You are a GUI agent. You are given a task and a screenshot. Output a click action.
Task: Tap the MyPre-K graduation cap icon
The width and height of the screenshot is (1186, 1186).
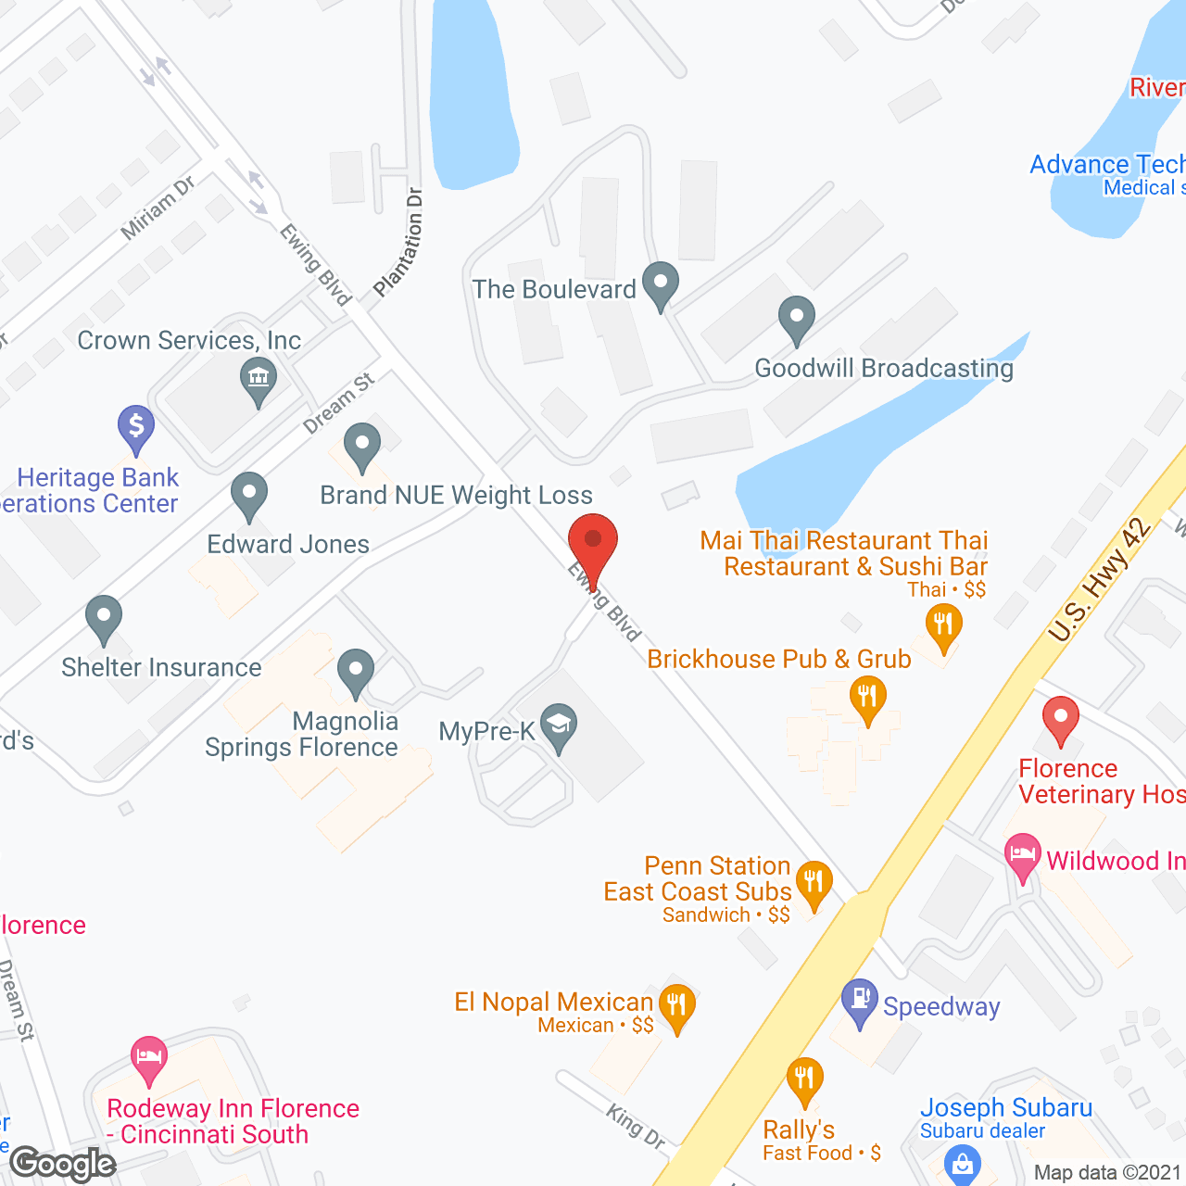pyautogui.click(x=559, y=725)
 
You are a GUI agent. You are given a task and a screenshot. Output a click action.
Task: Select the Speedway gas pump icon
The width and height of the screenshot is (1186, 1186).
pyautogui.click(x=860, y=999)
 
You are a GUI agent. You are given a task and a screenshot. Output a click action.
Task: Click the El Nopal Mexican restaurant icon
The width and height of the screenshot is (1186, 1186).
pyautogui.click(x=677, y=1004)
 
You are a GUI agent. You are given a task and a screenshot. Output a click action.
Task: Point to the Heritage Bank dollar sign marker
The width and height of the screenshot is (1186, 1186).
pyautogui.click(x=136, y=426)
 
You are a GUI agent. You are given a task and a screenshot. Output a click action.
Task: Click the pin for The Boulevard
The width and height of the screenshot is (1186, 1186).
pyautogui.click(x=661, y=282)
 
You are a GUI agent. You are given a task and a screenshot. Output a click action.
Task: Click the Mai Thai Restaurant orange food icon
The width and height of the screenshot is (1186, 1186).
pyautogui.click(x=943, y=625)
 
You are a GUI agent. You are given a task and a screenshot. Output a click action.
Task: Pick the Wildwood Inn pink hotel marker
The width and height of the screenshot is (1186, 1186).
pyautogui.click(x=1023, y=853)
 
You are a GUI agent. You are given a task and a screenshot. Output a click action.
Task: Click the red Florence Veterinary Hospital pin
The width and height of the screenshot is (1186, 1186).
pyautogui.click(x=1061, y=718)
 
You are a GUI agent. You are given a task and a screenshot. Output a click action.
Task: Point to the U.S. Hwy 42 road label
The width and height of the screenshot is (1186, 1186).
pyautogui.click(x=1100, y=580)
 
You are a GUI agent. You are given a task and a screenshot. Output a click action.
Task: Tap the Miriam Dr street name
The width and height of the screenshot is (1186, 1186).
pyautogui.click(x=158, y=208)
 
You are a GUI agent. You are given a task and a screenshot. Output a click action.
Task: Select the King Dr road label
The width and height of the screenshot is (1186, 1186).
pyautogui.click(x=637, y=1127)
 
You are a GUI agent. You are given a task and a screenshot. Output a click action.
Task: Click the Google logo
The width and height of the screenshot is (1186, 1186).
pyautogui.click(x=63, y=1164)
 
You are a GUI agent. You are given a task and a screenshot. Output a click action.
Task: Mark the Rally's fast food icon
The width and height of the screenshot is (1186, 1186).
pyautogui.click(x=804, y=1079)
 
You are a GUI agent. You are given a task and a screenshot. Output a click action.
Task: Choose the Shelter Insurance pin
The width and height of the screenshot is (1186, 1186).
pyautogui.click(x=104, y=616)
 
